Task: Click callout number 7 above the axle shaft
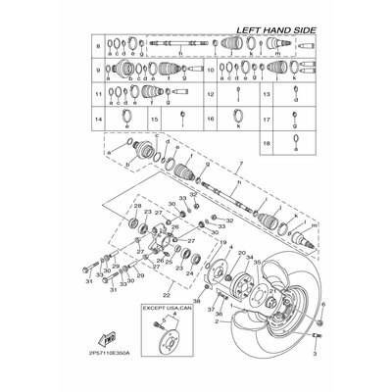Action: tap(231, 170)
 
